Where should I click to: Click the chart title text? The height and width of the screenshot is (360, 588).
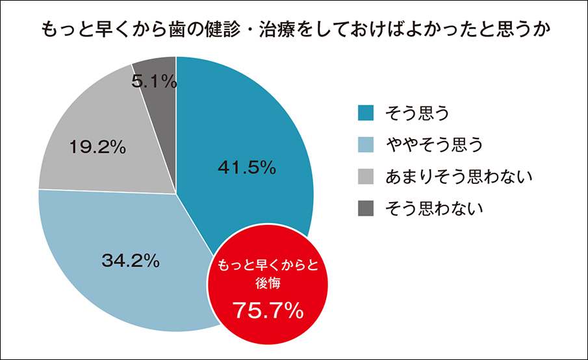(x=294, y=31)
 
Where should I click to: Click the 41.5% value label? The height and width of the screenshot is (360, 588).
(x=247, y=168)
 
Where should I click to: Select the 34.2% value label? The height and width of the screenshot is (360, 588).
(x=131, y=261)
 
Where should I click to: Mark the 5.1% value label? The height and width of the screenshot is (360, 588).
(x=154, y=81)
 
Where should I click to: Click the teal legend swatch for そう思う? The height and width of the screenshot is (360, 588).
(x=366, y=113)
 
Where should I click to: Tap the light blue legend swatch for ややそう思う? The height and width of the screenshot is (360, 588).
(x=366, y=145)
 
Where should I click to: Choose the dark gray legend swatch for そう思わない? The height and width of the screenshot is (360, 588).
(x=366, y=208)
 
